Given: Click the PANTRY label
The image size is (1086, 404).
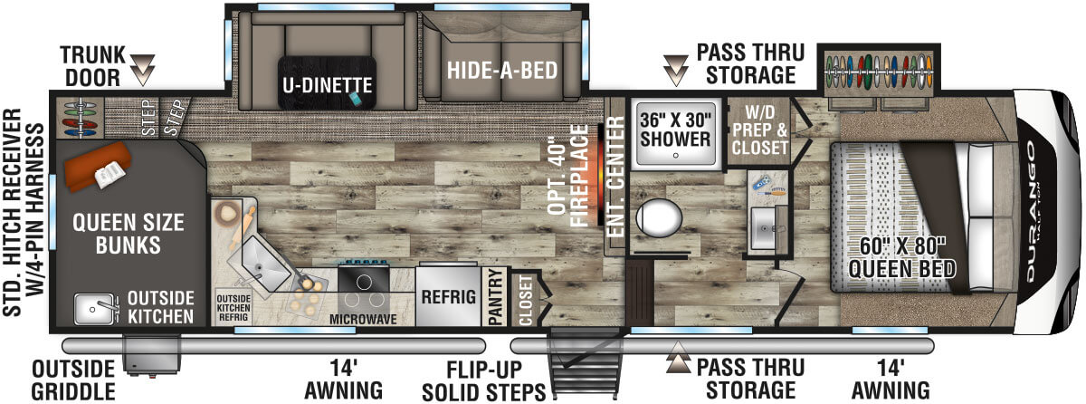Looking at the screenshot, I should click(494, 297).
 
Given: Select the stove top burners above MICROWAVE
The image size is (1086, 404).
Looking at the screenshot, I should click(366, 284).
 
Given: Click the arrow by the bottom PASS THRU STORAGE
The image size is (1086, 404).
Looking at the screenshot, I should click(678, 362).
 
